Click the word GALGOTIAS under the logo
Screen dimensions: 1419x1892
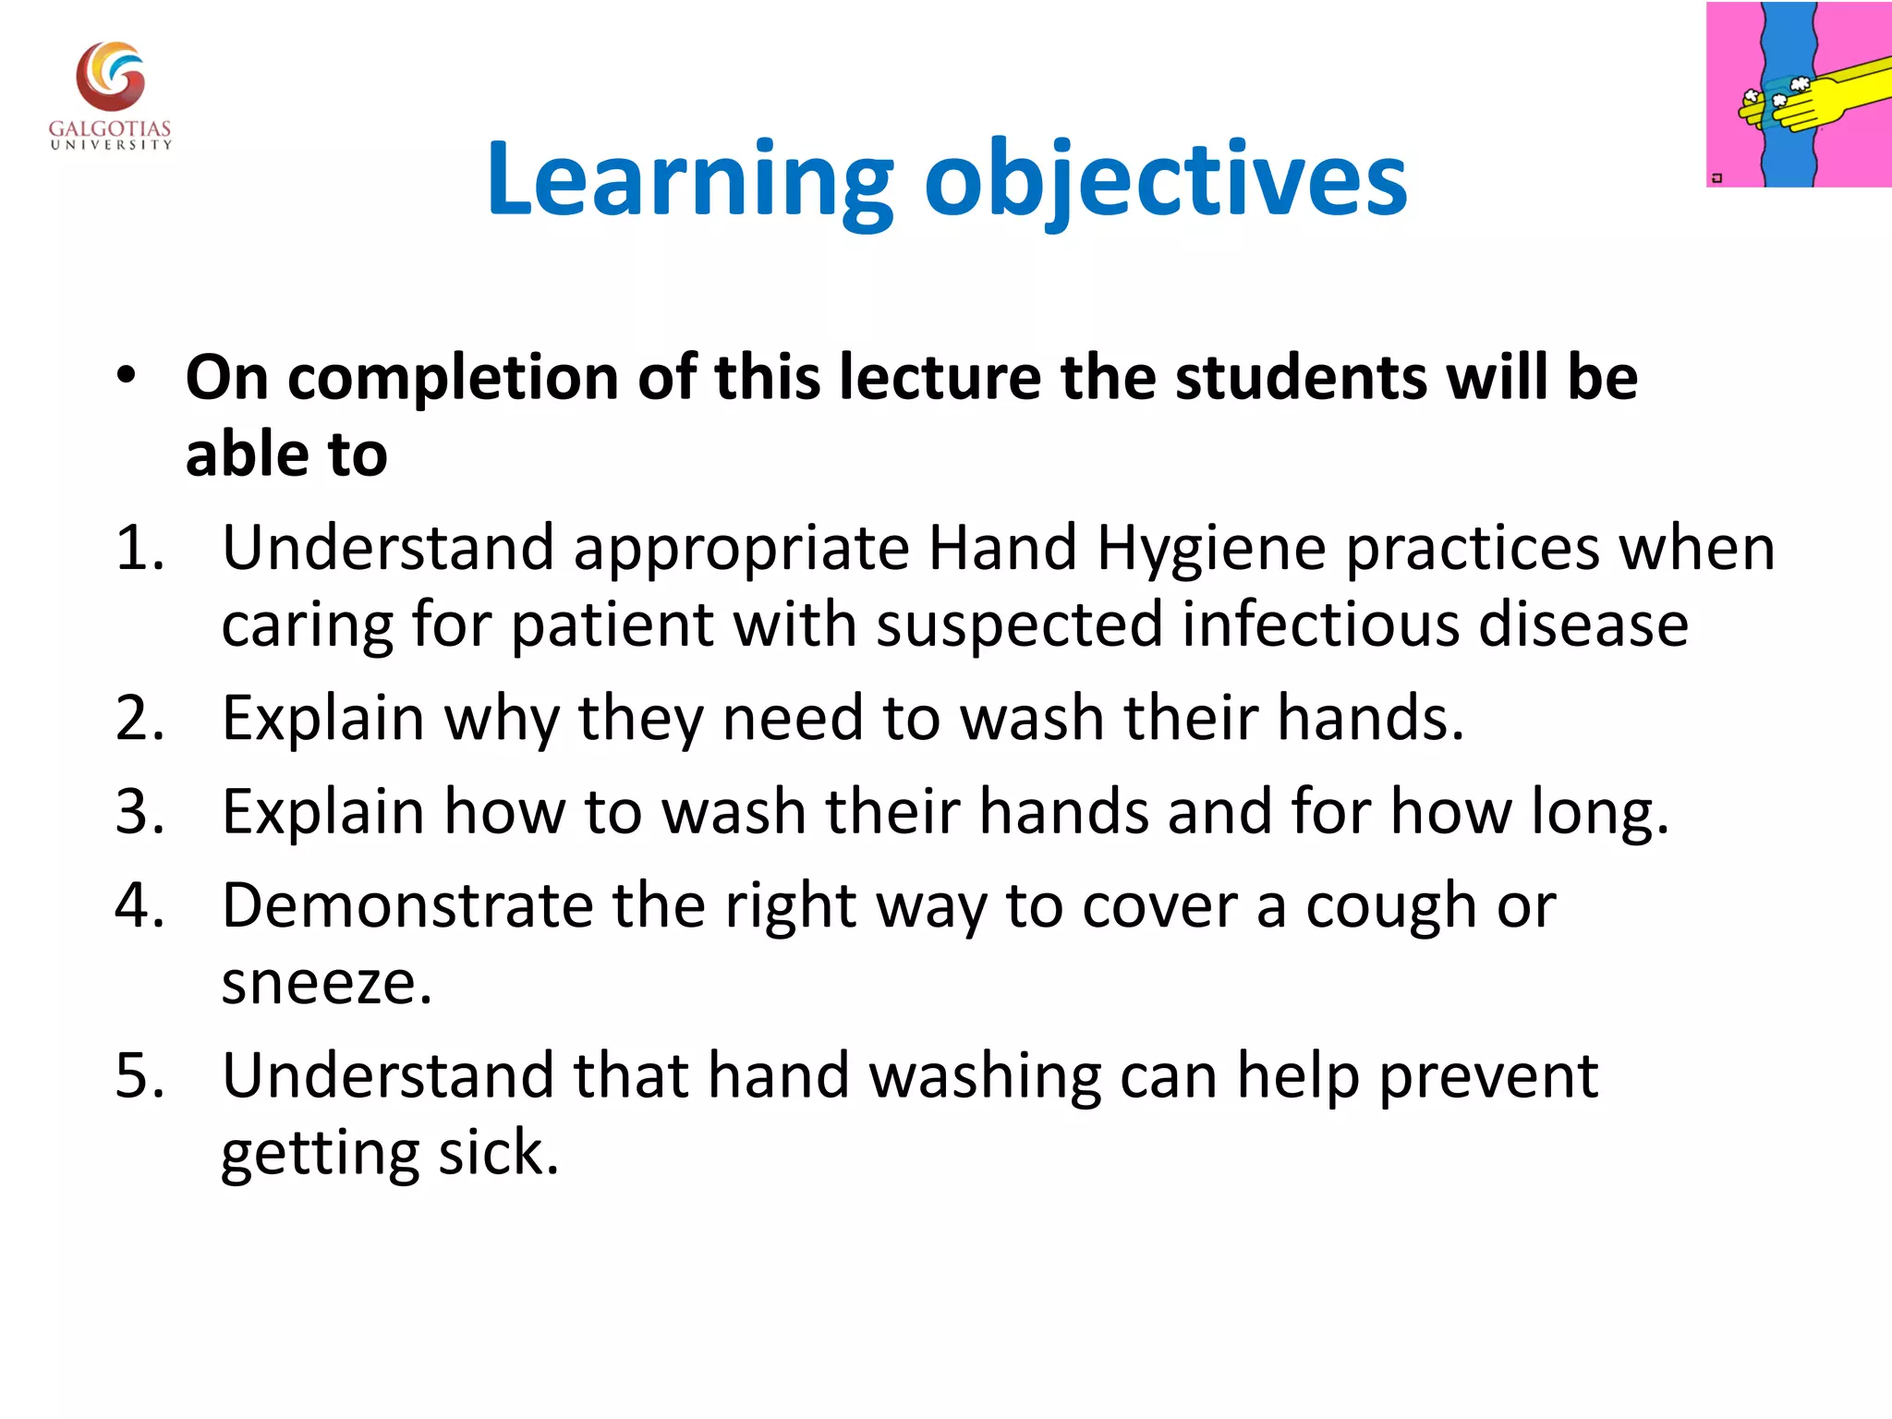[110, 128]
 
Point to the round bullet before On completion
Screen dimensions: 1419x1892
[127, 377]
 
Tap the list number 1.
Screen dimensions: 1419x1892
[139, 548]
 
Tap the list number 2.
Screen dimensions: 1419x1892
[139, 718]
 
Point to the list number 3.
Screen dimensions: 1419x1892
[139, 812]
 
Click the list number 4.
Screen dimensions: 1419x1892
[139, 905]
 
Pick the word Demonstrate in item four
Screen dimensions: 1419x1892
[407, 905]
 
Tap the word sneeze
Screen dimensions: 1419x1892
[326, 983]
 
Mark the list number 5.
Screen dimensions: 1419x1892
[139, 1075]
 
